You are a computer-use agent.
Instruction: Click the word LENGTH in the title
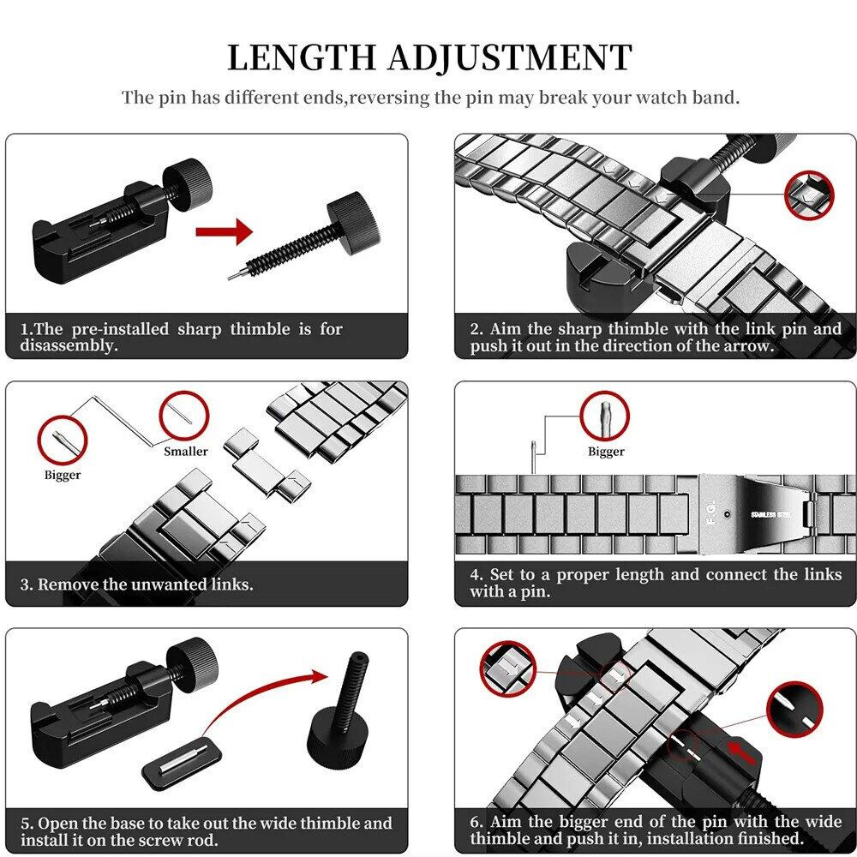(x=302, y=57)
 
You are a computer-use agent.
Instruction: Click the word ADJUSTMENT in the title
(x=511, y=57)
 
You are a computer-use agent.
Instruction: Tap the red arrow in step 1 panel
(x=224, y=231)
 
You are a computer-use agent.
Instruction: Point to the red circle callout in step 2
(x=810, y=196)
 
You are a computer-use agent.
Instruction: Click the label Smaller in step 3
(x=186, y=452)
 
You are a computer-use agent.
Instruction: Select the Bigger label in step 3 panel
(x=63, y=475)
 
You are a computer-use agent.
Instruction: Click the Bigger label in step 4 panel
(x=606, y=452)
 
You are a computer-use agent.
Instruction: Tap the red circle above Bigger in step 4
(x=604, y=417)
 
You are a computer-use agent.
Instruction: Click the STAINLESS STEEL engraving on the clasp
(x=770, y=515)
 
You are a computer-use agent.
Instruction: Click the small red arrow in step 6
(x=741, y=752)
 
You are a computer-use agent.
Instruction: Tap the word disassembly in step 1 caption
(x=69, y=346)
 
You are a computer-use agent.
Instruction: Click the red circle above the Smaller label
(x=184, y=416)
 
